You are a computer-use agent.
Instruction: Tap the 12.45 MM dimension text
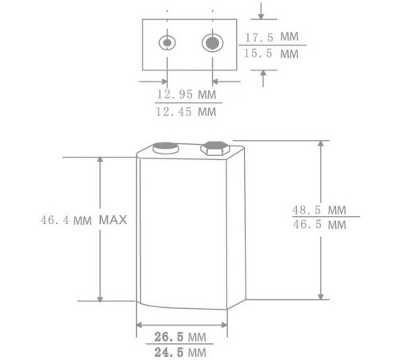pyautogui.click(x=186, y=112)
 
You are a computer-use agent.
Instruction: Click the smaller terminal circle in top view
pyautogui.click(x=167, y=42)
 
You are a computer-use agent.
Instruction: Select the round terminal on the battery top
pyautogui.click(x=166, y=147)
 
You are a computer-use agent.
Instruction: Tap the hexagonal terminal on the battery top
pyautogui.click(x=214, y=148)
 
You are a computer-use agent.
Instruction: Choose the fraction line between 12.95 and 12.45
pyautogui.click(x=186, y=104)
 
